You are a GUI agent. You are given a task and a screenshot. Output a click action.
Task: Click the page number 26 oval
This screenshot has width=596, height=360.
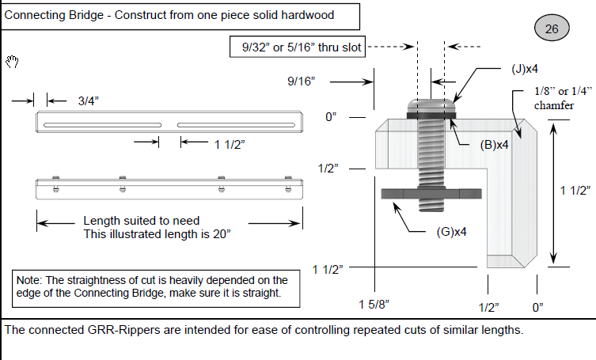pos(552,29)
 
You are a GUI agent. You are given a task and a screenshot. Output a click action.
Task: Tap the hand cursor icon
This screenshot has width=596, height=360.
pos(12,62)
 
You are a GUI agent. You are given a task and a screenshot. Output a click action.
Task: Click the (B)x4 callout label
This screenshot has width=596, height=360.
pos(494,145)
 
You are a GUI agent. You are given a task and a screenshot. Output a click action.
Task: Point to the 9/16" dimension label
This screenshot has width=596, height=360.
pos(302,81)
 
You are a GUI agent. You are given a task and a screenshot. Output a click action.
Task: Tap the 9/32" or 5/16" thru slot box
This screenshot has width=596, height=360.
pos(302,48)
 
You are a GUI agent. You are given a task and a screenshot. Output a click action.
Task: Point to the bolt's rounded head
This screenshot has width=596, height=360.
pos(431,106)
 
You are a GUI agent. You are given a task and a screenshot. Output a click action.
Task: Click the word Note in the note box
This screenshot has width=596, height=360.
pos(30,280)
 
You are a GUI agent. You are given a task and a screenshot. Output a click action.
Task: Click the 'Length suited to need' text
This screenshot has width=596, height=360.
pos(142,221)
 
